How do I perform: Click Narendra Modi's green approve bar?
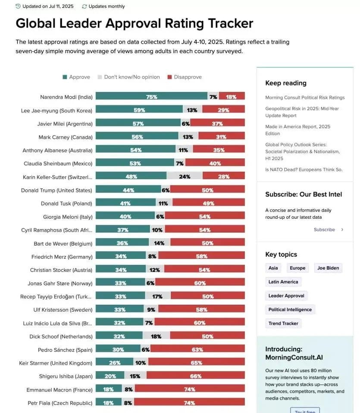(x=151, y=97)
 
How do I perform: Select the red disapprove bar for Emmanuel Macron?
(x=190, y=389)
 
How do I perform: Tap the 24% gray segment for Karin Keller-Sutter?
(x=185, y=177)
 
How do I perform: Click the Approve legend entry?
(x=76, y=77)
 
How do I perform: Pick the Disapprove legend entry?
(x=185, y=77)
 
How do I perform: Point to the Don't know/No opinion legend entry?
(x=128, y=77)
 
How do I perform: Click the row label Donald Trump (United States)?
(x=56, y=190)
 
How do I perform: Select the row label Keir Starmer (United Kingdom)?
(x=56, y=363)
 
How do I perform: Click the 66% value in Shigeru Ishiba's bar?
(x=196, y=376)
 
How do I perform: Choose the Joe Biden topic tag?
(x=328, y=268)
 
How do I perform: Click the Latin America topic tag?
(x=283, y=282)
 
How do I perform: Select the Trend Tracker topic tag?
(x=283, y=323)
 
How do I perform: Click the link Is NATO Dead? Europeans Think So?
(x=304, y=170)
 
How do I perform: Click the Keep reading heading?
(x=286, y=83)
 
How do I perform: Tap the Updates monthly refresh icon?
(x=84, y=6)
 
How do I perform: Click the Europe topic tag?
(x=297, y=268)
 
